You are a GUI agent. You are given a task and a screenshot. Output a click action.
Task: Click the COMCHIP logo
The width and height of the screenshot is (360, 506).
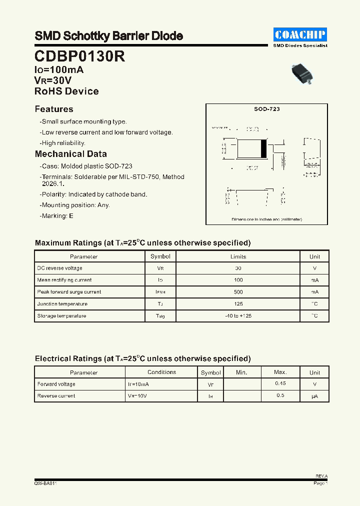pos(300,34)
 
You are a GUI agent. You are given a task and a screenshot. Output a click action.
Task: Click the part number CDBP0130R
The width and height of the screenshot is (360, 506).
pos(79,56)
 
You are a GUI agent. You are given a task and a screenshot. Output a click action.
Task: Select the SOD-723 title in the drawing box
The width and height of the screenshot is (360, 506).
pos(266,109)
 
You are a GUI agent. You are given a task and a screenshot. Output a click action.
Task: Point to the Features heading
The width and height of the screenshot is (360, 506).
pos(54,109)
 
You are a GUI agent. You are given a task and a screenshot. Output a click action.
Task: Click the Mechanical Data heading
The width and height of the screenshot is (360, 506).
pos(70,154)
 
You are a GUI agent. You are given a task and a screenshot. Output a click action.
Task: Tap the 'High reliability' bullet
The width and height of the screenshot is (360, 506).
pos(63,143)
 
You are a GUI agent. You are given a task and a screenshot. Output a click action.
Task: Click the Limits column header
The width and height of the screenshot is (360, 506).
pos(238,256)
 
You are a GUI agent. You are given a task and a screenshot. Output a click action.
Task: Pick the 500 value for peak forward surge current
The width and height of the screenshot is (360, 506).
pos(238,292)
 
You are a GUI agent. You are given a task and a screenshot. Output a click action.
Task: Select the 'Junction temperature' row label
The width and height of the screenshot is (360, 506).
pos(62,304)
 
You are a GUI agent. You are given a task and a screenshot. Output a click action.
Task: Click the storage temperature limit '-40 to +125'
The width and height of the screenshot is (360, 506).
pos(238,316)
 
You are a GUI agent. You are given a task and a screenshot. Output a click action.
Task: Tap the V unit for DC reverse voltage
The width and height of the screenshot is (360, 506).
pos(314,268)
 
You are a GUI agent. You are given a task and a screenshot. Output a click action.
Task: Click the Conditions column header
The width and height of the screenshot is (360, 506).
pos(161,372)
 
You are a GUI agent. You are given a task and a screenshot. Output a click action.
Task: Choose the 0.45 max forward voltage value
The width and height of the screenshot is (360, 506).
pos(280,383)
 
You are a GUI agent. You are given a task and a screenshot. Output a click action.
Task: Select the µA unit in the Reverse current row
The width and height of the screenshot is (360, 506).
pos(314,396)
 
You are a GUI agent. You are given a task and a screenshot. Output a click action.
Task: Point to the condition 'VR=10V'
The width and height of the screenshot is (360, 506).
pos(137,396)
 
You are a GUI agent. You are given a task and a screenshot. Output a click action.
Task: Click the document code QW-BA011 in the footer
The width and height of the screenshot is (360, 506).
pos(45,483)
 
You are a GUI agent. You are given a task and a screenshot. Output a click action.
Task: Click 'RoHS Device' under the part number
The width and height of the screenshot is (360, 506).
pos(66,91)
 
